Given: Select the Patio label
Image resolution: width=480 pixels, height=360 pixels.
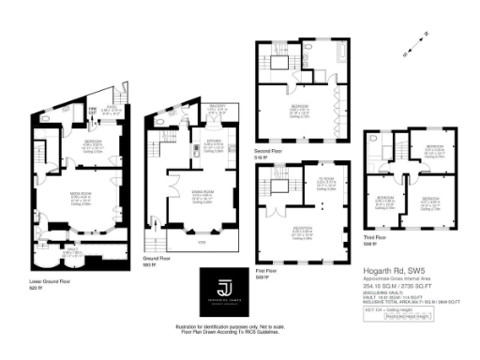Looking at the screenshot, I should pyautogui.click(x=110, y=107).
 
